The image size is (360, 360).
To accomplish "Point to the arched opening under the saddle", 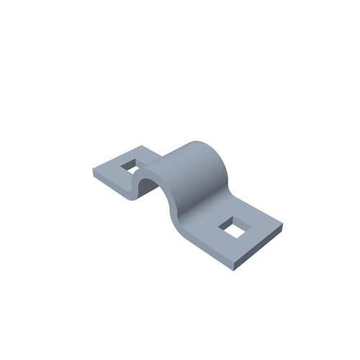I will (145, 185).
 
